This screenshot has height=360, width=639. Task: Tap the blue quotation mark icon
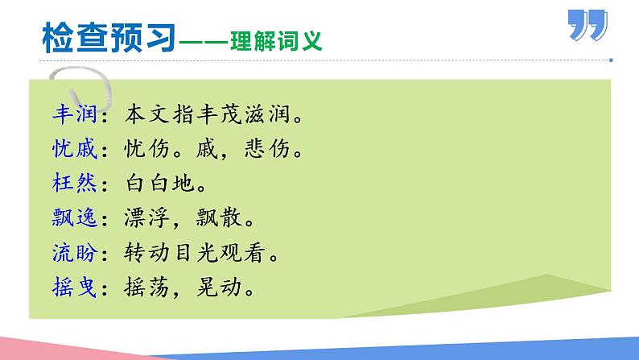[587, 25]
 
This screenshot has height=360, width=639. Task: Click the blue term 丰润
[72, 114]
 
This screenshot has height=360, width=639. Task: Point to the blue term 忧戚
[72, 149]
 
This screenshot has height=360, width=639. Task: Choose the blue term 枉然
[72, 184]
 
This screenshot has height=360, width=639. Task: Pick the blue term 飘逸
[72, 218]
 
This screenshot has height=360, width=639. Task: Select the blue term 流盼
[72, 254]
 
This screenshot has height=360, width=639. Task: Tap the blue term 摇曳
[72, 288]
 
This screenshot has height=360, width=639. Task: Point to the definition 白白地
[161, 184]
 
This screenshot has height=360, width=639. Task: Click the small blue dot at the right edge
[612, 60]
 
